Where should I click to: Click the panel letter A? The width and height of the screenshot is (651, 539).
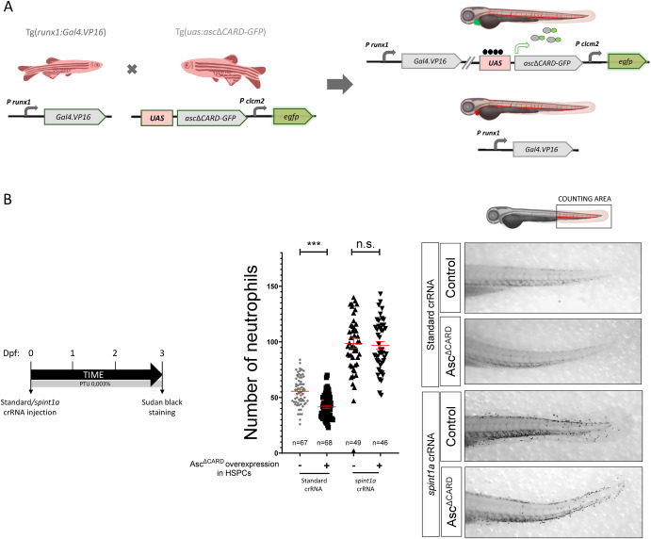(x=8, y=8)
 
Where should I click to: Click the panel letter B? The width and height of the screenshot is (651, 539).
(x=8, y=201)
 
